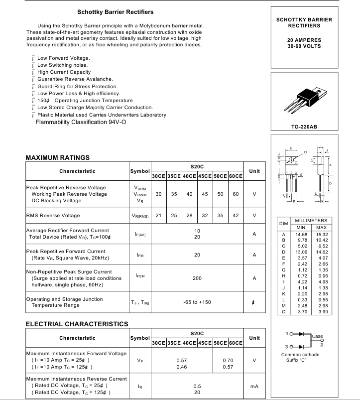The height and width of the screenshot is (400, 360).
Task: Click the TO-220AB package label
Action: (x=304, y=127)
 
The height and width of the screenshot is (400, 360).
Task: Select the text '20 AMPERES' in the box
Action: (x=304, y=40)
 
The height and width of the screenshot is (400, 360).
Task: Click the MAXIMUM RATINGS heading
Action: (x=57, y=158)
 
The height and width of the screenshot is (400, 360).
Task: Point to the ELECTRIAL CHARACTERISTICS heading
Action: (x=77, y=324)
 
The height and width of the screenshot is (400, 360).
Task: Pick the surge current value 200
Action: (x=197, y=278)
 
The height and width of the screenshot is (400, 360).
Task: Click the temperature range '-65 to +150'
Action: (x=197, y=302)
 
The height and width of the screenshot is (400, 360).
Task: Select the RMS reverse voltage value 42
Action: (x=236, y=216)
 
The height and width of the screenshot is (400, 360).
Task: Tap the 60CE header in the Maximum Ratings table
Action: (x=236, y=176)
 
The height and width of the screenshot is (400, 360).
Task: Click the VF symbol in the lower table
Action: (x=140, y=360)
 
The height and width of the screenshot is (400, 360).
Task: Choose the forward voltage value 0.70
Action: (x=228, y=360)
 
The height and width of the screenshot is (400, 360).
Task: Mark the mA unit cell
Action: (x=254, y=386)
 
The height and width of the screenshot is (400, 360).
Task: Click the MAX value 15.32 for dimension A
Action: (x=322, y=234)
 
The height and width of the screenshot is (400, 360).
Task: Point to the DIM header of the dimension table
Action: (x=284, y=224)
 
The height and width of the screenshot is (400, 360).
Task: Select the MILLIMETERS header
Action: (x=311, y=221)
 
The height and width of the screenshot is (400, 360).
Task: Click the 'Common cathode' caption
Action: (x=300, y=355)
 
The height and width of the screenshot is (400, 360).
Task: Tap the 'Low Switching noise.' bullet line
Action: (x=63, y=65)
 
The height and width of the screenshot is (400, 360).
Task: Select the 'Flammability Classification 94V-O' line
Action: (x=81, y=122)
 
